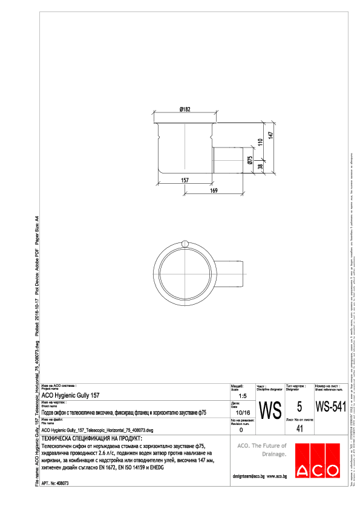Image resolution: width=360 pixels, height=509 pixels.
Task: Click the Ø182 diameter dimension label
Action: click(185, 109)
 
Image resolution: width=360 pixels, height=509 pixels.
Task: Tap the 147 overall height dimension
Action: click(272, 135)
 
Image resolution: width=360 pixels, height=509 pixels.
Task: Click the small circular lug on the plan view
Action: click(185, 243)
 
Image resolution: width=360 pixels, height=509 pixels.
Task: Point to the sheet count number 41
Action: click(298, 429)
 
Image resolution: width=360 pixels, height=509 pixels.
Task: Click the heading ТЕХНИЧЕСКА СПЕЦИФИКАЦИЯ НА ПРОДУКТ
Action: click(91, 438)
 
